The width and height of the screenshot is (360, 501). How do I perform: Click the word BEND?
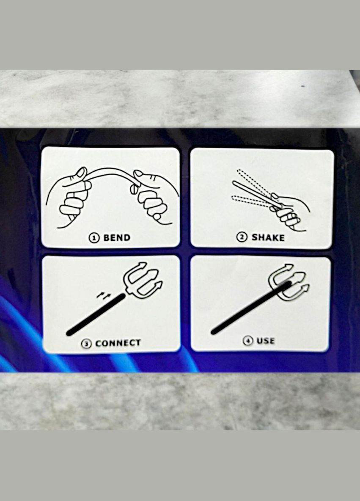117,238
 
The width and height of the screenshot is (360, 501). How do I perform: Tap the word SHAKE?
268,237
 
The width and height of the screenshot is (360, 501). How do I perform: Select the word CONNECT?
118,343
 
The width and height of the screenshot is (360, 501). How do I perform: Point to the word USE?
265,341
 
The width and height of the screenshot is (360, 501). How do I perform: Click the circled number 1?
94,238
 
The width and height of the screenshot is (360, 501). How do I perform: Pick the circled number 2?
242,237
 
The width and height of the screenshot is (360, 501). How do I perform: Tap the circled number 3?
86,344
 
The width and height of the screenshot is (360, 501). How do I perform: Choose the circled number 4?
248,341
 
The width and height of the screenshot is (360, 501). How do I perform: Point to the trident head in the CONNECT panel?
142,278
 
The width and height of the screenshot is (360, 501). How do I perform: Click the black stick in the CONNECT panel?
96,315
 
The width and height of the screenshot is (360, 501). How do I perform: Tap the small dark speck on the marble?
303,86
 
